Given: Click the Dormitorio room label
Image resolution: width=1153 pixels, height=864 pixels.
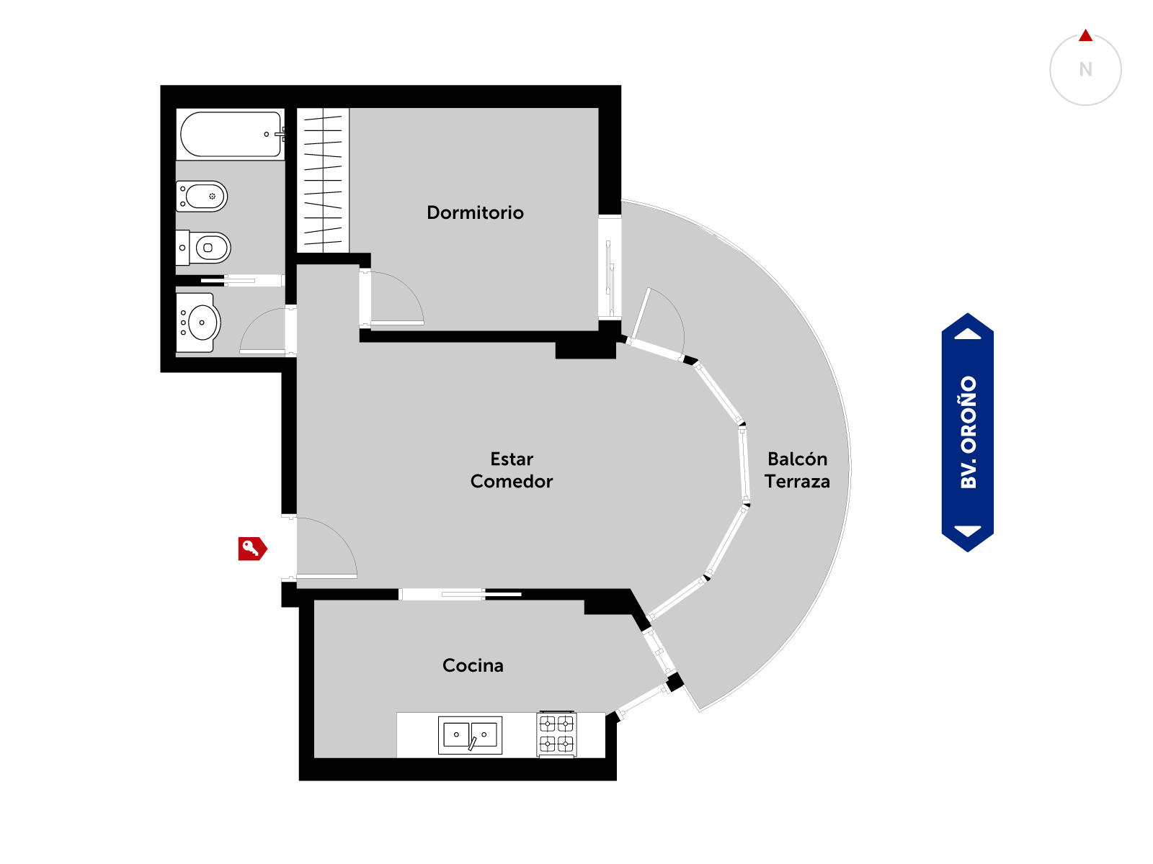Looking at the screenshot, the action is [x=475, y=212].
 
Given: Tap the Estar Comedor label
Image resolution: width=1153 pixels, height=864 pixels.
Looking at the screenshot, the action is [x=512, y=470].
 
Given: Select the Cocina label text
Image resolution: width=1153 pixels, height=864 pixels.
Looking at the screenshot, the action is [x=473, y=665].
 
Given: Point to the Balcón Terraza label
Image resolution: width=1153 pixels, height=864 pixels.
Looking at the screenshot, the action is [x=797, y=470].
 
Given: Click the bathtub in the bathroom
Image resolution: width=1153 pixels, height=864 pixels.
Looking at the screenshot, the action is [x=231, y=134].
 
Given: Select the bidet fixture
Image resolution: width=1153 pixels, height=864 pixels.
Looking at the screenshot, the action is [x=202, y=196].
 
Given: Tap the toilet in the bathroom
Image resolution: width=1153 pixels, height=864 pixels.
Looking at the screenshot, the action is [x=203, y=248].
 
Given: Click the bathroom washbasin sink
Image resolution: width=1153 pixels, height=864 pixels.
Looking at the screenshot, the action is [x=198, y=323].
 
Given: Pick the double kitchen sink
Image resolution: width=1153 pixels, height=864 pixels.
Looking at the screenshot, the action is [x=470, y=735].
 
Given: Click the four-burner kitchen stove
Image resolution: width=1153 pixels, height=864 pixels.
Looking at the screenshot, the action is [x=556, y=734].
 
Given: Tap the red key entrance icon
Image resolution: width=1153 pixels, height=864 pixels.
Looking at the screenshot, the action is [x=253, y=549].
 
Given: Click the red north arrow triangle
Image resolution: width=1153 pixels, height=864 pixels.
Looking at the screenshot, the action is [x=1085, y=36].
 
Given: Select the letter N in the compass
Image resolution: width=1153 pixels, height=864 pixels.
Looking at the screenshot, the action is [x=1085, y=69].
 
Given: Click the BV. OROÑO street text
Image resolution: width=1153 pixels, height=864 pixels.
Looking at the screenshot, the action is [x=968, y=432].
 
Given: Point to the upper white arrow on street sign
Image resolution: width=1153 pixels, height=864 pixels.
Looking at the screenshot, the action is [x=968, y=334].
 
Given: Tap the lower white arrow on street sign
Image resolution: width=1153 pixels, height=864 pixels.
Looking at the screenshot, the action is [x=968, y=531].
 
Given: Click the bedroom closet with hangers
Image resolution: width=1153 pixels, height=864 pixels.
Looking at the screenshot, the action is [x=323, y=181].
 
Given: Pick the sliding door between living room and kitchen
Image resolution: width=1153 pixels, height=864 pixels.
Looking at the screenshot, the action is [x=460, y=595].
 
